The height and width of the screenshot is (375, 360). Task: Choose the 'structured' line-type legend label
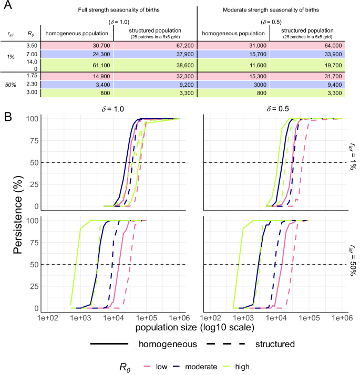click(274, 345)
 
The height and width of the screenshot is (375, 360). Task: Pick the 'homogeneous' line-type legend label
click(169, 345)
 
